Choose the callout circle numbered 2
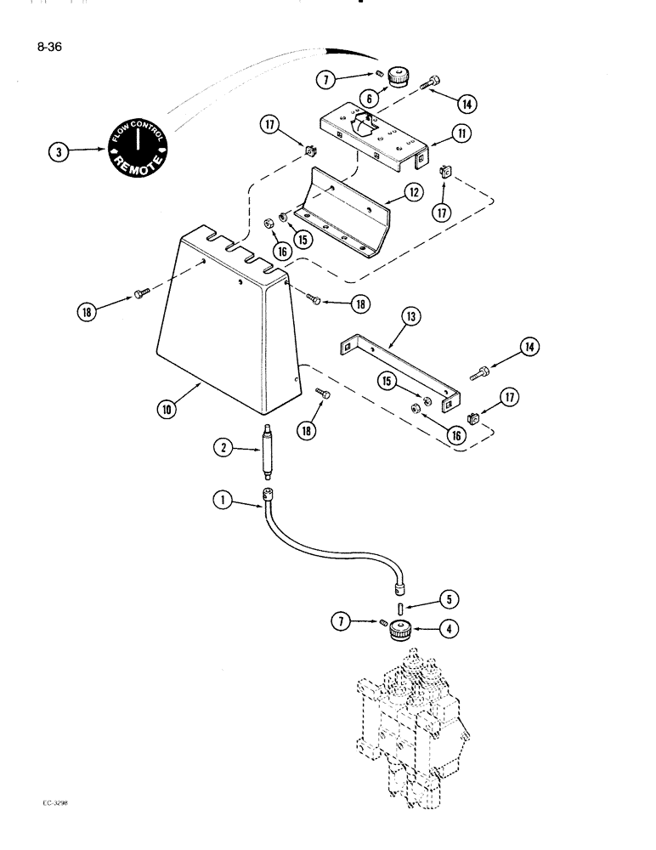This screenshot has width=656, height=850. click(x=223, y=447)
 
